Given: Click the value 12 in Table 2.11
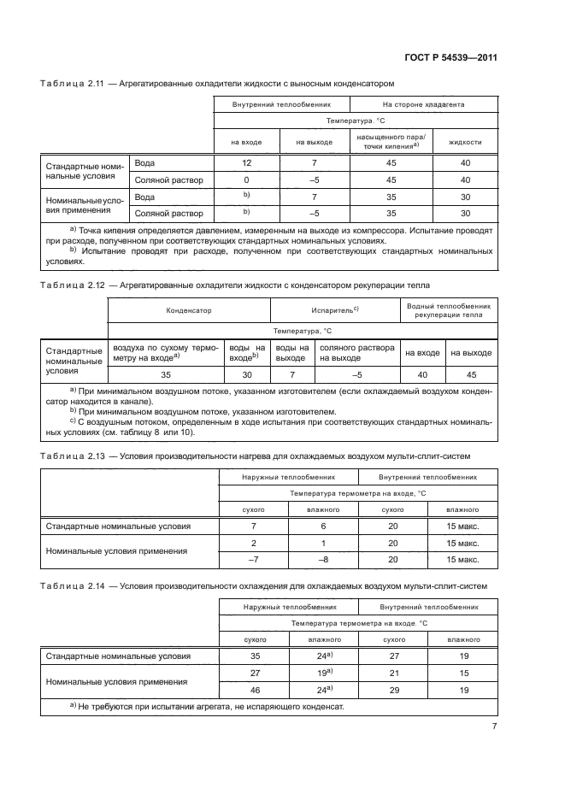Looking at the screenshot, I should [x=246, y=162].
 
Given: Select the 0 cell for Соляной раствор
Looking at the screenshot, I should [x=246, y=179].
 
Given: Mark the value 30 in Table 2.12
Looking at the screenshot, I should [x=249, y=374].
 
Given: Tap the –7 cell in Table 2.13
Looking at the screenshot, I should [x=254, y=561].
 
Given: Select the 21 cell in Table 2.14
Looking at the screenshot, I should [x=394, y=673].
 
